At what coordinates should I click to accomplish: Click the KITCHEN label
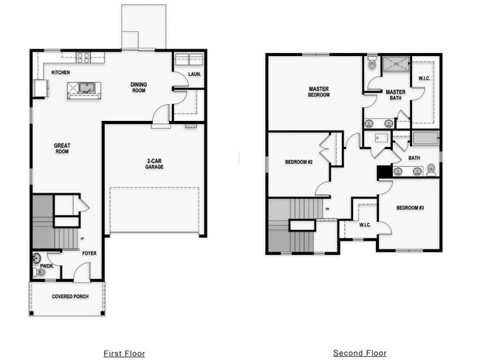coord(61,72)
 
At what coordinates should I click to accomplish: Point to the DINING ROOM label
coord(139,87)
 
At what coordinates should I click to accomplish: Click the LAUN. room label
coord(194,74)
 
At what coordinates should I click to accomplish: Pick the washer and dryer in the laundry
coord(190,59)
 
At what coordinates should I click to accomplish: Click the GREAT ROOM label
coord(62,148)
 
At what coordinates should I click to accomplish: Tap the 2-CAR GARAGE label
coord(154,163)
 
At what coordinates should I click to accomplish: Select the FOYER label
coord(89,253)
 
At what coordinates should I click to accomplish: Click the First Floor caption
coord(124,353)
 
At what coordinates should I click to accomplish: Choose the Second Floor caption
coord(360,353)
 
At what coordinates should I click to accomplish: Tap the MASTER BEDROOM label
coord(319,92)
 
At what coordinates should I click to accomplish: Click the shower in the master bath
coord(394,65)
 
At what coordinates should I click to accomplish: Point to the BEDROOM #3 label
coord(411,208)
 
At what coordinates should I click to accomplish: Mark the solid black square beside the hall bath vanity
coord(384,172)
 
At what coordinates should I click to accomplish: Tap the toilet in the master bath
coord(372,63)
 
